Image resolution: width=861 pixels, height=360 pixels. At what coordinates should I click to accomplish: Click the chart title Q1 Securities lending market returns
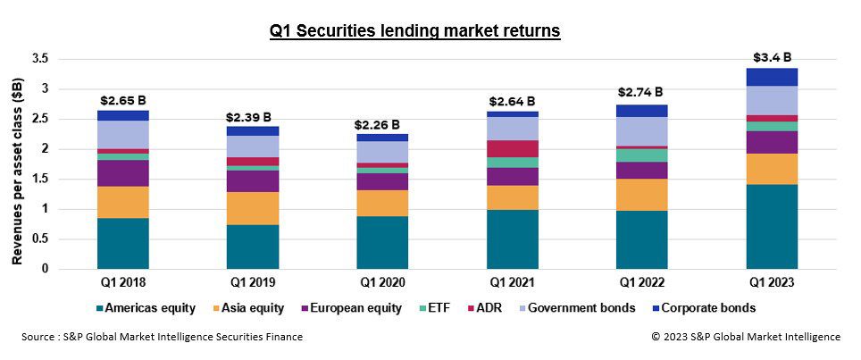414,31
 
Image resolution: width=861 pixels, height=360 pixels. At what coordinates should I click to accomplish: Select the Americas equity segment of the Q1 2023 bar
773,226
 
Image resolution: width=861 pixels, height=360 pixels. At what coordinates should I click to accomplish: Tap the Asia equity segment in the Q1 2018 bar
123,202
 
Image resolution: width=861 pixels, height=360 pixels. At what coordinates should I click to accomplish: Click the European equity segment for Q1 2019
252,180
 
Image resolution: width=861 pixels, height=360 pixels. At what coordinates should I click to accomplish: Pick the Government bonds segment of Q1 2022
642,131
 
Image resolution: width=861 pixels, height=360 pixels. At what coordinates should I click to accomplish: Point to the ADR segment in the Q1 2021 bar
513,148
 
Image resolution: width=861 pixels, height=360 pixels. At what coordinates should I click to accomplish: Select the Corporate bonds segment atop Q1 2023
773,77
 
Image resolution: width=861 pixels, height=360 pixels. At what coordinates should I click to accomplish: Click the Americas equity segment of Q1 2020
382,242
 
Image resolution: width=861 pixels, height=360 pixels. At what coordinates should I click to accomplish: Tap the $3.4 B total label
773,57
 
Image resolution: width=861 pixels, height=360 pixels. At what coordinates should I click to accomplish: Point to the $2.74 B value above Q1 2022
640,92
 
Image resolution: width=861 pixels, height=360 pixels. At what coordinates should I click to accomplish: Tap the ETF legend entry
432,308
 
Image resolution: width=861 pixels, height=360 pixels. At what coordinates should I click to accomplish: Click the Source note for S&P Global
163,337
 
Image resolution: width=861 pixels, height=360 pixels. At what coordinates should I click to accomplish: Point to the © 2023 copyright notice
745,337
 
